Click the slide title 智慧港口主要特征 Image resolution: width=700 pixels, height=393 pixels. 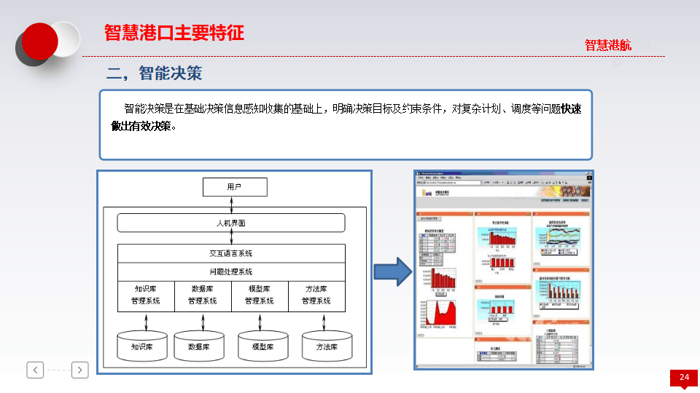(x=174, y=33)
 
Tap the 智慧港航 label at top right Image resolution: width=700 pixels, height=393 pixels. (x=607, y=45)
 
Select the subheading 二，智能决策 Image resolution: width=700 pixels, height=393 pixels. (x=154, y=73)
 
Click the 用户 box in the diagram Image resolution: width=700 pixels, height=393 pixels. (x=234, y=187)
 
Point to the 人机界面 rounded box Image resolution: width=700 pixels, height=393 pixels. (x=231, y=223)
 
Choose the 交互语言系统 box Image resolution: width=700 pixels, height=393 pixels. (x=231, y=253)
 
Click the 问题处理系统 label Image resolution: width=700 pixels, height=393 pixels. (x=231, y=271)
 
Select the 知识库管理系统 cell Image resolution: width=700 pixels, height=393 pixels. (x=146, y=295)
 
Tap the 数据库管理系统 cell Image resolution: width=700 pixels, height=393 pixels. (x=203, y=295)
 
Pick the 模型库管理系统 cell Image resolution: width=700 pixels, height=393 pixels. (x=260, y=295)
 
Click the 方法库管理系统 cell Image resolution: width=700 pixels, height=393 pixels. (x=316, y=295)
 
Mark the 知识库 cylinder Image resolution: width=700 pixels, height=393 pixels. (x=142, y=346)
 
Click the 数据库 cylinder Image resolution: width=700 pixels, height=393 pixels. (x=199, y=346)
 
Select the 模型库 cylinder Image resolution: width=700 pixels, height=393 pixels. (x=262, y=346)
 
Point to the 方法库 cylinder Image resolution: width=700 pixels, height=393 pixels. (x=327, y=346)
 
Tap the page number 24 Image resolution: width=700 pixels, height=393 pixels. (x=684, y=377)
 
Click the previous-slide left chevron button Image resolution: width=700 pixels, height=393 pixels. (x=35, y=370)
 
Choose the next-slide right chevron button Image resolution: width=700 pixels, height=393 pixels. (x=80, y=370)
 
